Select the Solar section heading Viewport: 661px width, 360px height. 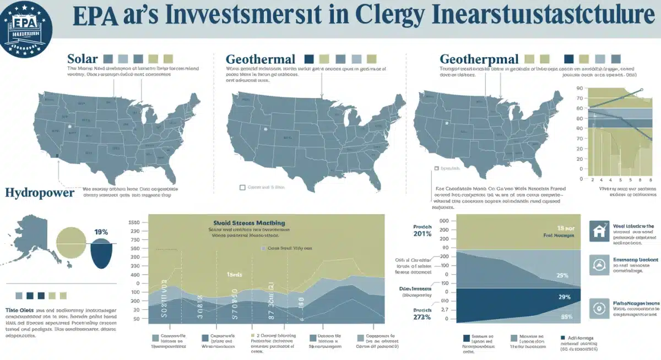pos(83,58)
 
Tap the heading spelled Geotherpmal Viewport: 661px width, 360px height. pos(479,59)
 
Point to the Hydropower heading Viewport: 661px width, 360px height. pos(39,193)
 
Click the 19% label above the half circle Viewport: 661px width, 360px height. pos(101,232)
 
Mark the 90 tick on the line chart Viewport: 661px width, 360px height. pos(579,88)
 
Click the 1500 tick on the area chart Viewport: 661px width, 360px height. pos(134,222)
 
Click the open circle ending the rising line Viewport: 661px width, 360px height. pos(641,90)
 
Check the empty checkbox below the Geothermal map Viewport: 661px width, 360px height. pos(242,187)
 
